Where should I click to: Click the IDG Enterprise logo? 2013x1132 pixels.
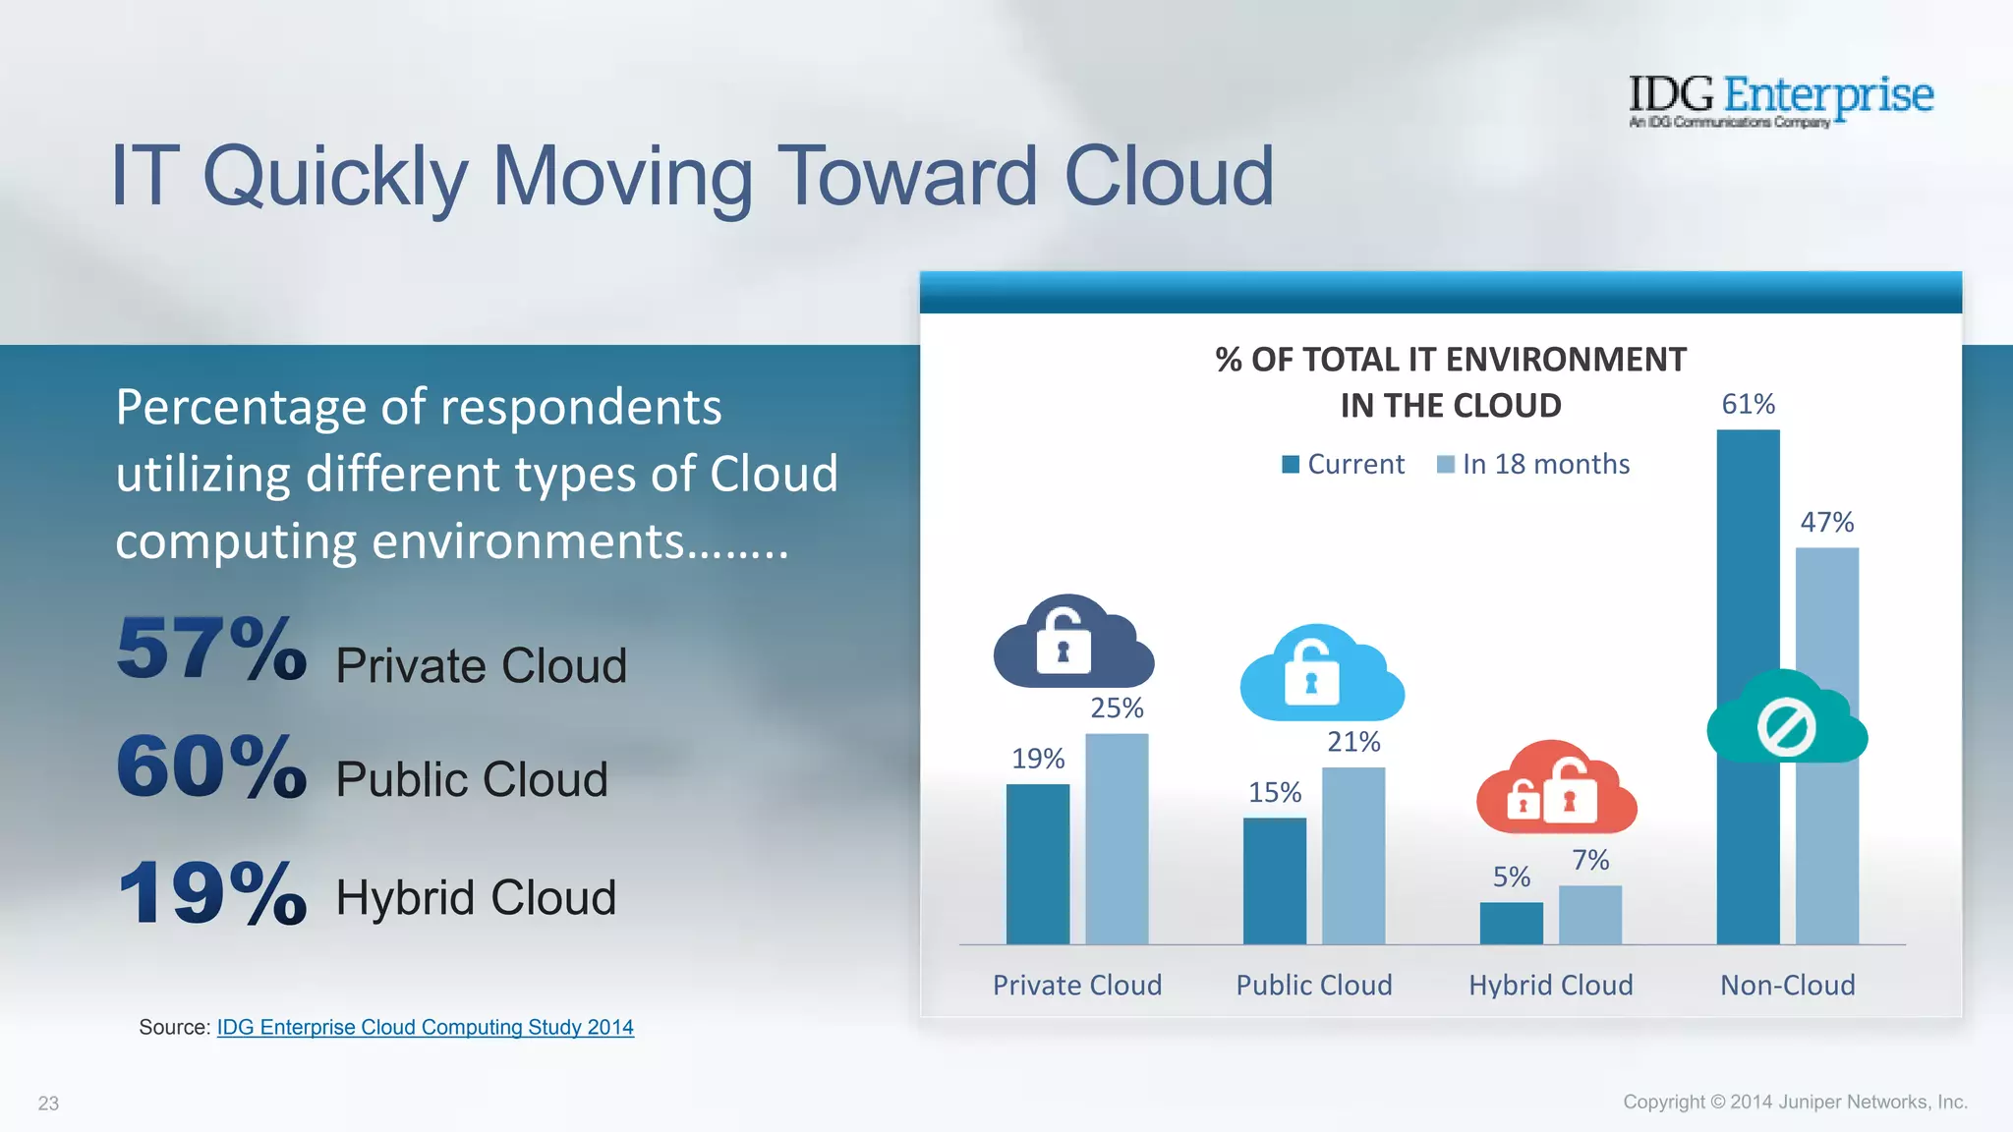pos(1780,99)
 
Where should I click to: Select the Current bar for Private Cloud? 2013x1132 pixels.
pos(1037,864)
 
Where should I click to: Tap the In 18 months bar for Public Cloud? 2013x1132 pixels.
pos(1352,855)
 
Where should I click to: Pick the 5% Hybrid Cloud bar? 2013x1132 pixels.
pos(1511,923)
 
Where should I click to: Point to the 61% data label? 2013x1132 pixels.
pos(1748,404)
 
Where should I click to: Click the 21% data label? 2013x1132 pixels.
pos(1353,742)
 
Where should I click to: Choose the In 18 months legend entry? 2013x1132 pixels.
pos(1533,464)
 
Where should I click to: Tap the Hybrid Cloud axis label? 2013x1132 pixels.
pos(1550,985)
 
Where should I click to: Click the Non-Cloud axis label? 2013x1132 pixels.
pos(1787,985)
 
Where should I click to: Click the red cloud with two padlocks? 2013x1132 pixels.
pos(1556,789)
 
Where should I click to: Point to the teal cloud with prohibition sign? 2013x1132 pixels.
pos(1786,720)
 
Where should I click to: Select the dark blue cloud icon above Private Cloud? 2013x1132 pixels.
pos(1072,644)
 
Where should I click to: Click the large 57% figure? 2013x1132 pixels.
pos(211,649)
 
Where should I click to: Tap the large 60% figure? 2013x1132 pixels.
pos(211,766)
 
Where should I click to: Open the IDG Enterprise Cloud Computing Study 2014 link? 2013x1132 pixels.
pos(425,1027)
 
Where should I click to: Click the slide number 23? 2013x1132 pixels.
pos(48,1104)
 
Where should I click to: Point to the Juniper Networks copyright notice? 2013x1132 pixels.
pos(1794,1102)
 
